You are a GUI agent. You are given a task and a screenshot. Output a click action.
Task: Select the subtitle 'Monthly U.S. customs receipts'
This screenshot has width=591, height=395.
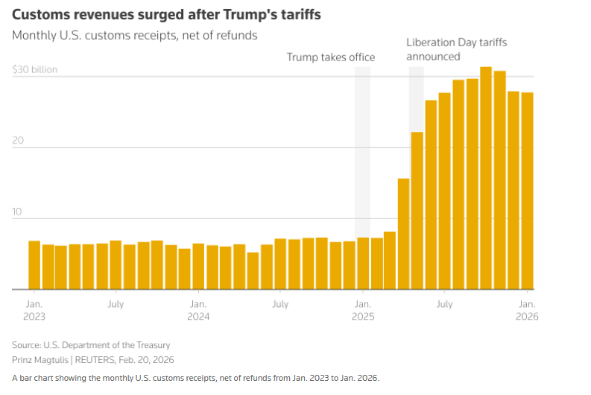[x=135, y=35]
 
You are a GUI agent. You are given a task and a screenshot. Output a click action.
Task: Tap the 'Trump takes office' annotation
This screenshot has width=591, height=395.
[x=331, y=57]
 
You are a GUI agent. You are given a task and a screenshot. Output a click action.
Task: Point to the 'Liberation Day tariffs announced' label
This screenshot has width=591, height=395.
[x=456, y=49]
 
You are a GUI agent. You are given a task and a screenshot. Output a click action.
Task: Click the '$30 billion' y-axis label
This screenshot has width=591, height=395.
[x=34, y=70]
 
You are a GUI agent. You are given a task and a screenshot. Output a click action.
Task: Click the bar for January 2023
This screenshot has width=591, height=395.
[x=34, y=265]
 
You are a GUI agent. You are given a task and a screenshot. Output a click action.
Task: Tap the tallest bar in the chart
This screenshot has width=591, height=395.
[x=486, y=178]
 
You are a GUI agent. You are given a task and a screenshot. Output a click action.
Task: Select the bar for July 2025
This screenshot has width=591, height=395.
[x=445, y=191]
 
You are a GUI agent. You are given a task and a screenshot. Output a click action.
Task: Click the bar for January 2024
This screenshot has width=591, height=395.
[x=198, y=266]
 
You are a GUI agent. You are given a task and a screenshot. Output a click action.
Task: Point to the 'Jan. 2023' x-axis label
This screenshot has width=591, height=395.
[x=34, y=310]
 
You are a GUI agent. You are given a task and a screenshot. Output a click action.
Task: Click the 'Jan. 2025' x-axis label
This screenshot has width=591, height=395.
[x=363, y=310]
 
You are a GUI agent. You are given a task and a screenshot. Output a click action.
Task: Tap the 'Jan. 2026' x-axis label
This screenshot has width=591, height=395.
[x=527, y=310]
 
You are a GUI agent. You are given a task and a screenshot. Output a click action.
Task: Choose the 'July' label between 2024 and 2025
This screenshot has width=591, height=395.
[x=280, y=304]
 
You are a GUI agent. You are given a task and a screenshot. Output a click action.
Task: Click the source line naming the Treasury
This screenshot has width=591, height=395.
[x=91, y=345]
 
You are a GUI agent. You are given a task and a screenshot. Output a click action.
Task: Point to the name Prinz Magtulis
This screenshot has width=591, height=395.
[x=39, y=360]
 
